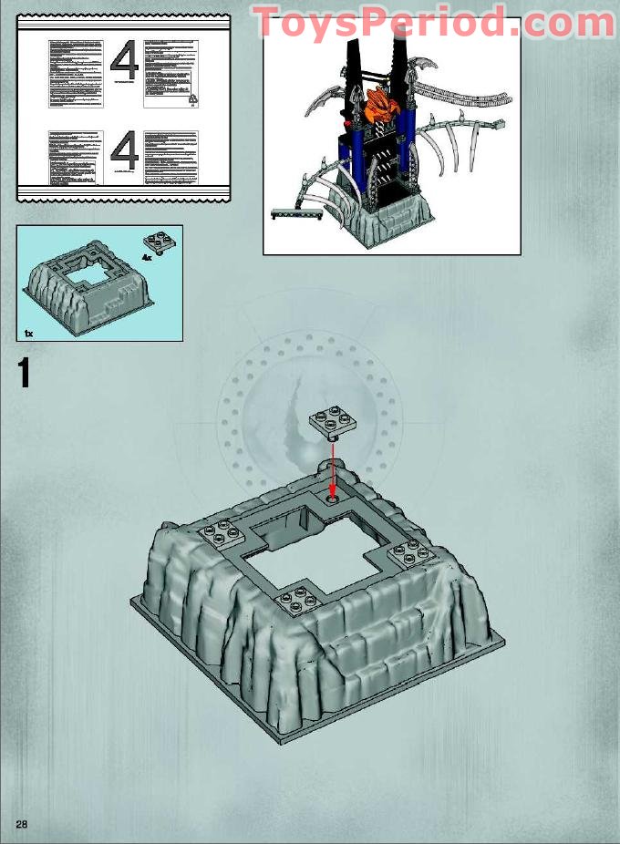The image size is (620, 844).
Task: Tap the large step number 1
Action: [24, 375]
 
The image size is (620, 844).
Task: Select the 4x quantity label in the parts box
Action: [146, 258]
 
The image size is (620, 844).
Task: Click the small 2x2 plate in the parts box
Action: [157, 243]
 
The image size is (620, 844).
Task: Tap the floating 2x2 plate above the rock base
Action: [331, 421]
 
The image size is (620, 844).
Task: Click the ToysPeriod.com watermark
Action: [433, 22]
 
